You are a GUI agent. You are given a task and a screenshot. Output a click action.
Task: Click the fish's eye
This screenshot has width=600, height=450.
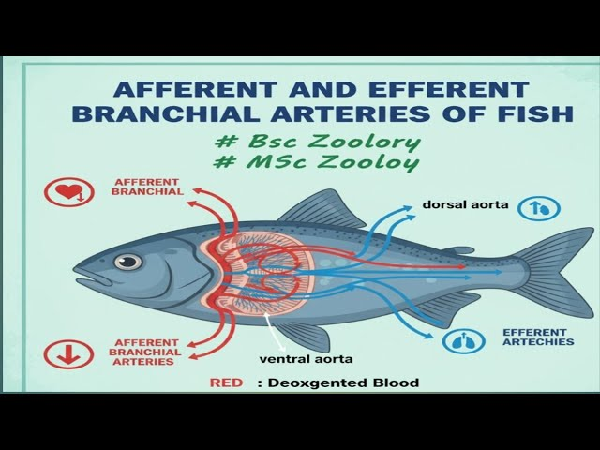(128, 261)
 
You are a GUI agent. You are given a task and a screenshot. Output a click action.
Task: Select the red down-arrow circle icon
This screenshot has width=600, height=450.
(64, 353)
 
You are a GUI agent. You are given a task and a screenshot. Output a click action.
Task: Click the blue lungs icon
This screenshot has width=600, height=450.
(459, 342)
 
